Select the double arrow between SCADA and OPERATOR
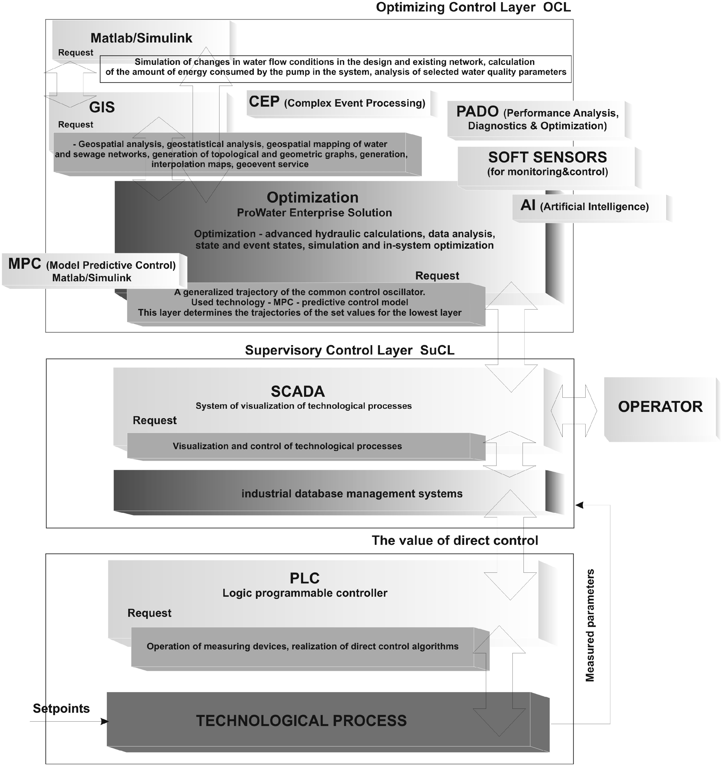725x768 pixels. click(x=574, y=411)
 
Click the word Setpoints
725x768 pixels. click(x=61, y=709)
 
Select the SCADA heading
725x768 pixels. click(x=298, y=392)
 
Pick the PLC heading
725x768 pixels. click(x=305, y=578)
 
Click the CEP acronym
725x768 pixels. click(x=264, y=102)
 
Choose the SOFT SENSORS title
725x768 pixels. click(x=547, y=157)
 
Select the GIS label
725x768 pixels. click(x=102, y=107)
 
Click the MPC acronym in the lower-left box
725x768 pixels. click(x=25, y=264)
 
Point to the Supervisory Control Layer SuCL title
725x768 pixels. click(x=349, y=350)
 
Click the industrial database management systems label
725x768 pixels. click(x=352, y=493)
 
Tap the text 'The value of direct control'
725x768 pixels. click(x=454, y=540)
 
